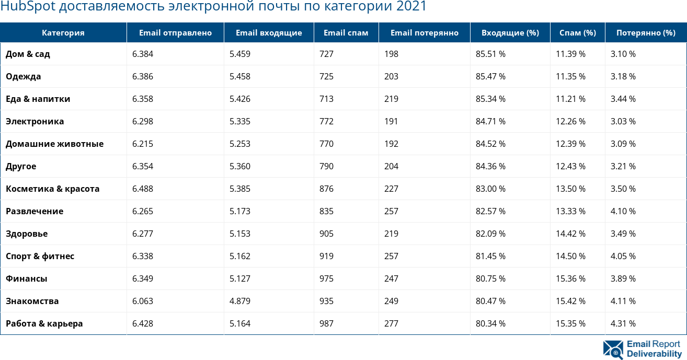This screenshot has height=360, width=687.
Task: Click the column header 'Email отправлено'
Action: [x=175, y=32]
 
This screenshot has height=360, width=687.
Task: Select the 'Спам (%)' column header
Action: [x=577, y=32]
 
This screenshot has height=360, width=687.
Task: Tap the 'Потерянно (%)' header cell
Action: [x=646, y=32]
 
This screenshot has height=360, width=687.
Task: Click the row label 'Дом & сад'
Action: [x=28, y=54]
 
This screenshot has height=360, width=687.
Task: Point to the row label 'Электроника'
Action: [x=35, y=121]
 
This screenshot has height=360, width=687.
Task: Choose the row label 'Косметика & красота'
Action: [x=52, y=189]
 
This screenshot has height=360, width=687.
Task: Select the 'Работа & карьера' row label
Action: [x=44, y=323]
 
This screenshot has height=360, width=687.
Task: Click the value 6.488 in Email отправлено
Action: [x=143, y=189]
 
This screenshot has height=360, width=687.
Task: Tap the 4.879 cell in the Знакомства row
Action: [x=240, y=301]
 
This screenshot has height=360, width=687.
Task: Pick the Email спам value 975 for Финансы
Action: [x=326, y=278]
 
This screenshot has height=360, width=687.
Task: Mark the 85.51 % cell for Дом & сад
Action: [x=490, y=54]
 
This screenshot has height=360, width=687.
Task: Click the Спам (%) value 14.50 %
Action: [x=570, y=256]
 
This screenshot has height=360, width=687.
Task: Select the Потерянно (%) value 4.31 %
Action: [x=623, y=323]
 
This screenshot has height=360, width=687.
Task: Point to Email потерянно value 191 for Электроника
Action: [x=391, y=121]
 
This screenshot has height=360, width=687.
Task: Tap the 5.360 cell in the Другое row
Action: [x=240, y=166]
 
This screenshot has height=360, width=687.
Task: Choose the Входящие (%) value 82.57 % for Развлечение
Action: [x=490, y=211]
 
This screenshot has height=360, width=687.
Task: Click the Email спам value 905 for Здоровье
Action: [x=326, y=234]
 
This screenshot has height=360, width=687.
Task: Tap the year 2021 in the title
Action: [x=411, y=7]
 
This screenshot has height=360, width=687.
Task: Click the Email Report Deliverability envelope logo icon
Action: [x=613, y=350]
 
